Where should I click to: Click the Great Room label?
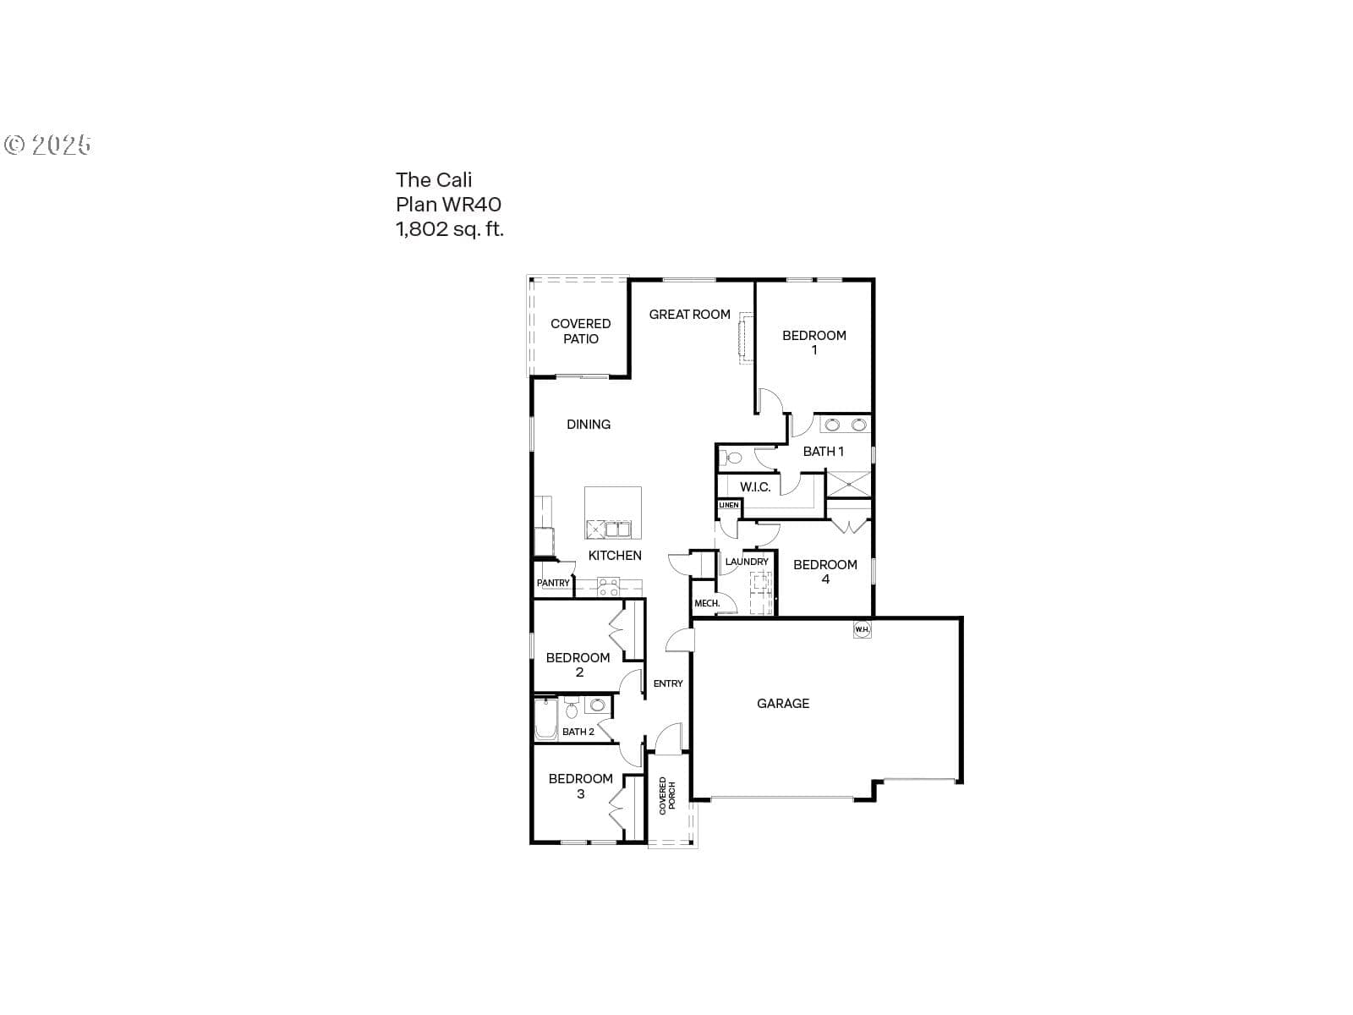689,315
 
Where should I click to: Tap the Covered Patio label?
580,331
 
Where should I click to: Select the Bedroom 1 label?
813,343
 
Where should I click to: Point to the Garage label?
783,703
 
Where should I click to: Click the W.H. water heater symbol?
862,629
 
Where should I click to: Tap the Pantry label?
553,583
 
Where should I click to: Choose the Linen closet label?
729,505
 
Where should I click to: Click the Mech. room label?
707,603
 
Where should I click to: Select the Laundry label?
747,562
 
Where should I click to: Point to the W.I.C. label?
755,487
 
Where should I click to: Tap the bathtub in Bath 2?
545,719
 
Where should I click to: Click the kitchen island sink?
617,529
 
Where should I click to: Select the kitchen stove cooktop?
608,587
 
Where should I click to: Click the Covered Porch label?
667,796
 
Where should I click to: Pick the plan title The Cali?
433,180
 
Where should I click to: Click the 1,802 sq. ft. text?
449,229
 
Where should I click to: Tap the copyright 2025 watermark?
47,145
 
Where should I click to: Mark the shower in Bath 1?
848,484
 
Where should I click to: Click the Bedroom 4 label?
824,571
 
